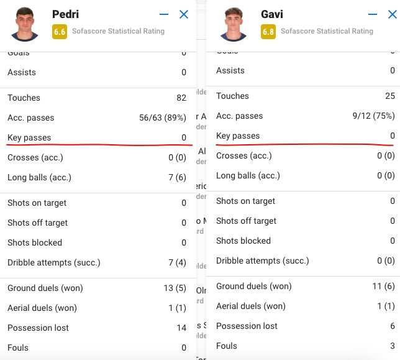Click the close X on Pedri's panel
tap(184, 14)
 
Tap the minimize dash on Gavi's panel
tap(373, 14)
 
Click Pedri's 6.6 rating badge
tap(60, 32)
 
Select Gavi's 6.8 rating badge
tap(268, 32)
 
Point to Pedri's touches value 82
tap(181, 98)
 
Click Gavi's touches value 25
tap(389, 96)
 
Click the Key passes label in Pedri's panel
tap(29, 137)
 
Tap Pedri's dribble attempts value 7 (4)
tap(177, 262)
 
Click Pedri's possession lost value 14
tap(181, 328)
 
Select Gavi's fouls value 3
tap(392, 346)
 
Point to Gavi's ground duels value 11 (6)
tap(383, 286)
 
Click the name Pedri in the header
tap(65, 14)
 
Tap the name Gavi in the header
tap(272, 14)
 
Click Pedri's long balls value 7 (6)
tap(177, 177)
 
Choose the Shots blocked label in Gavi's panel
tap(243, 241)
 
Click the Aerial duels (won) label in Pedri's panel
tap(42, 308)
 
